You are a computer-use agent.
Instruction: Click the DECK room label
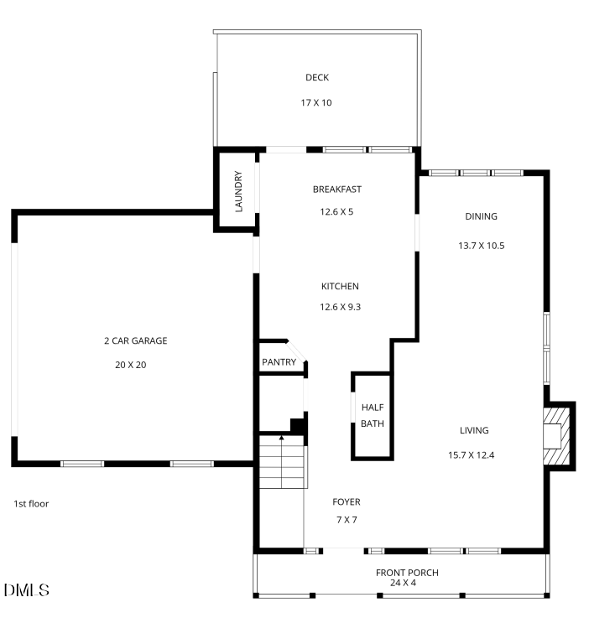coord(316,78)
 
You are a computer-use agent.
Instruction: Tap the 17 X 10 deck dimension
coord(316,103)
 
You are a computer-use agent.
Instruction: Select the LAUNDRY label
coord(238,192)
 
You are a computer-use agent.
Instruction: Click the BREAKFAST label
coord(336,190)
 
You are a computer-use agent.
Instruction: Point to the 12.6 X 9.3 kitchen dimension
coord(340,307)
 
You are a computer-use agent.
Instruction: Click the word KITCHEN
coord(340,286)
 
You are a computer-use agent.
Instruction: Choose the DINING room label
coord(481,216)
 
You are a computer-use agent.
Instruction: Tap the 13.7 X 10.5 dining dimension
coord(481,246)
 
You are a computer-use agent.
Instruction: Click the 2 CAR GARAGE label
coord(135,340)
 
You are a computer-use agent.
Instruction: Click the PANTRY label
coord(279,362)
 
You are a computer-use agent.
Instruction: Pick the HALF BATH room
coord(372,415)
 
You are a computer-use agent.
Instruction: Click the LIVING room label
coord(473,431)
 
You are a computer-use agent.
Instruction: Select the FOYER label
coord(346,502)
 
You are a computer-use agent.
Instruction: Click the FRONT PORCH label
coord(406,573)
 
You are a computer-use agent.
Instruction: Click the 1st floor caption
coord(31,504)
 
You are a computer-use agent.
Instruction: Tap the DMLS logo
coord(26,590)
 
